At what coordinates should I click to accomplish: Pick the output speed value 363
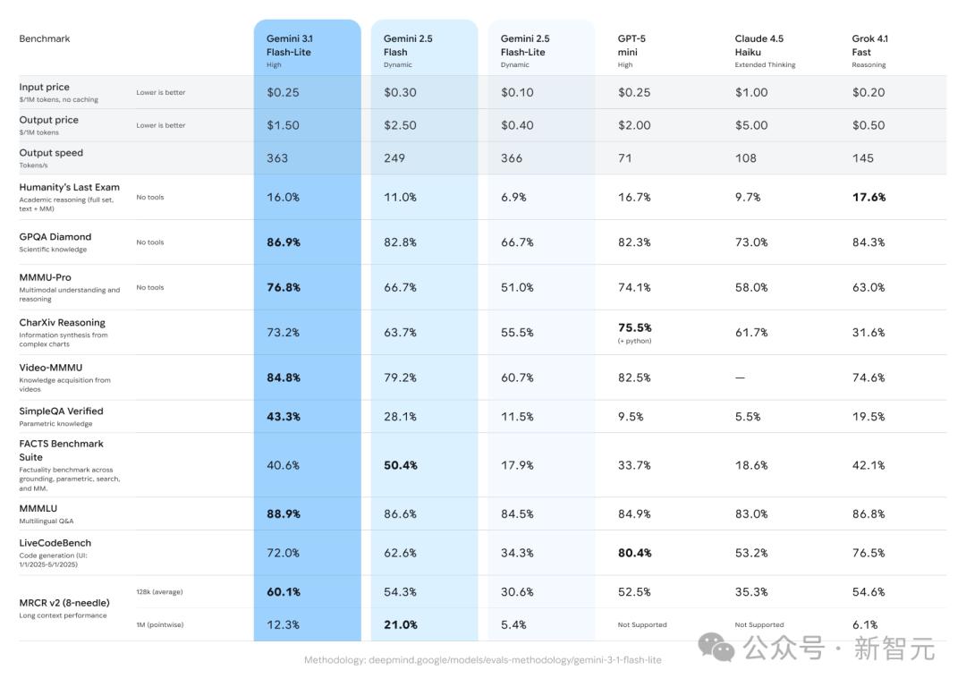click(277, 158)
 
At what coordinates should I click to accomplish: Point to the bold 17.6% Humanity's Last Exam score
click(869, 197)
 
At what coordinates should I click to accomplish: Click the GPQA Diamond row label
click(55, 237)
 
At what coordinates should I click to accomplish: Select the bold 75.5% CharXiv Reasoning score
click(635, 327)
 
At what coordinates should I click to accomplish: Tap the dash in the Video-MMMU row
click(740, 377)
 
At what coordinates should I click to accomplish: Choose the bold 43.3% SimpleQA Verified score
click(284, 417)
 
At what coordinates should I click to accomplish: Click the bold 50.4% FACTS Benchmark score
click(401, 465)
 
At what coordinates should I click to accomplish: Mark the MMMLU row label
click(38, 508)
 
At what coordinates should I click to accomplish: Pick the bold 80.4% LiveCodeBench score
click(635, 553)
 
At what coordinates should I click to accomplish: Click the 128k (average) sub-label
click(160, 592)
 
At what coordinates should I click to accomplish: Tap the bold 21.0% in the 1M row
click(401, 624)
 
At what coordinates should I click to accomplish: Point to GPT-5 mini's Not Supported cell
click(642, 624)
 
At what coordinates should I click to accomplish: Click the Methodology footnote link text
click(483, 660)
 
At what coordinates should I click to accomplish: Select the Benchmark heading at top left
click(45, 38)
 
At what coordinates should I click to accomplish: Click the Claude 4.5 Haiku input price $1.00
click(751, 92)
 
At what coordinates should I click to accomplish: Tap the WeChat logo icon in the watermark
click(717, 646)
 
